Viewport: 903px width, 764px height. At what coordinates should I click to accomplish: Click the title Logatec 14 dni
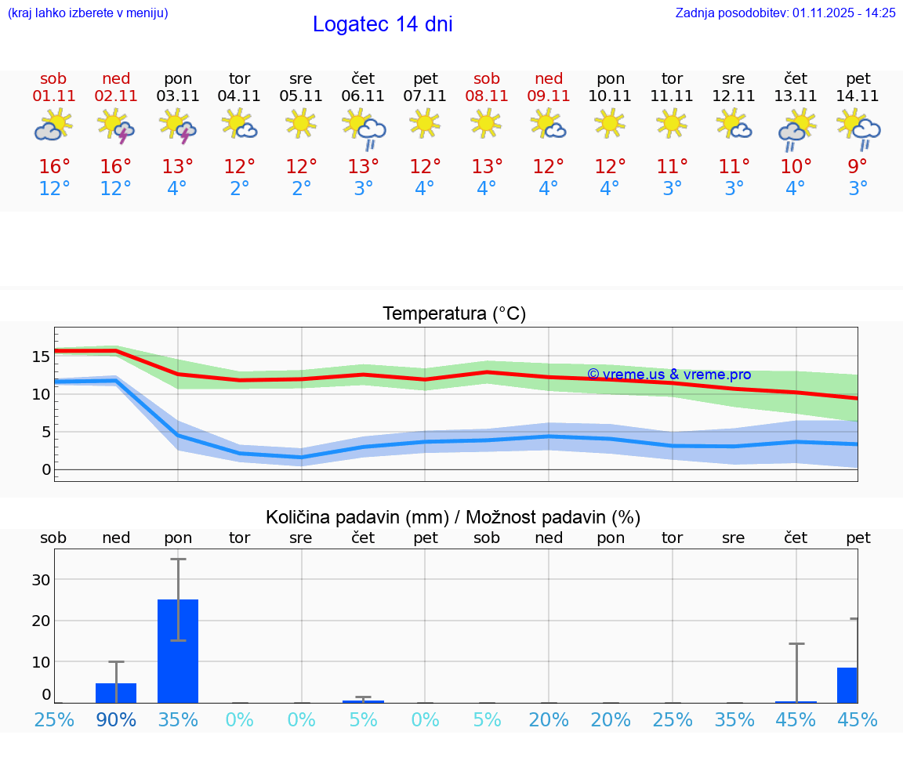383,24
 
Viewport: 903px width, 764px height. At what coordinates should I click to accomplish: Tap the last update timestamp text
785,13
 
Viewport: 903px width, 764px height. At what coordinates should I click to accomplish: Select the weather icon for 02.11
116,126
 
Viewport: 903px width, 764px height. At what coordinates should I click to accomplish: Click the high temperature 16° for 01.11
54,167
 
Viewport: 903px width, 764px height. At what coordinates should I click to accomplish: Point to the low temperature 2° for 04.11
239,189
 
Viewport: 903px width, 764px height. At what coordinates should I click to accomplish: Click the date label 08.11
487,96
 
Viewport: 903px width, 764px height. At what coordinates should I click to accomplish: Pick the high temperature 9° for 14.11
858,167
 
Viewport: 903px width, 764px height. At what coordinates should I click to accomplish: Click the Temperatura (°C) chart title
454,314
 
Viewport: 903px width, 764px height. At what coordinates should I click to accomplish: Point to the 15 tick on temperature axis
41,357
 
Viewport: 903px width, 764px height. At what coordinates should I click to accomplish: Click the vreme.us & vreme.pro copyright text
669,375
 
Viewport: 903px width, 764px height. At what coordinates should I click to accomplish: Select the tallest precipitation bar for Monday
178,650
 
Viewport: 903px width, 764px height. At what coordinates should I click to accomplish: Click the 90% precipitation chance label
116,720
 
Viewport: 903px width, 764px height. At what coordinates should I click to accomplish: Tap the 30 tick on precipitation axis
41,580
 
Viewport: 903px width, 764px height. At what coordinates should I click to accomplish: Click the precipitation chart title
453,517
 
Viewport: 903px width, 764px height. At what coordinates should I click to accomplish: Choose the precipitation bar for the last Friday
847,685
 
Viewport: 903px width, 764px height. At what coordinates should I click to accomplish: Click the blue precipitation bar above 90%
116,693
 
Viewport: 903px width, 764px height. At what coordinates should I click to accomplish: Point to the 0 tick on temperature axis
46,469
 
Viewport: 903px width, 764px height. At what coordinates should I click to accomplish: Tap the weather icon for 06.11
363,128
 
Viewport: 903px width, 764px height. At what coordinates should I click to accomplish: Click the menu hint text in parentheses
88,13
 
